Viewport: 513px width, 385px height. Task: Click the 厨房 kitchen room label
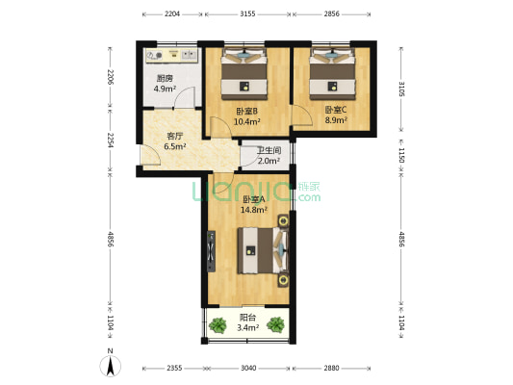pyautogui.click(x=165, y=79)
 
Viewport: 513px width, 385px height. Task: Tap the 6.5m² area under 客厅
pyautogui.click(x=175, y=146)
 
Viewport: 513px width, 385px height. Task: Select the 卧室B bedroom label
pyautogui.click(x=246, y=112)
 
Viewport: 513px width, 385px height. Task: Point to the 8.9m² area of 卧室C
pyautogui.click(x=336, y=120)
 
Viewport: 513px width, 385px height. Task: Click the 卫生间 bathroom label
pyautogui.click(x=269, y=150)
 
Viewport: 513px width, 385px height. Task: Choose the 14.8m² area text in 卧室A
pyautogui.click(x=254, y=210)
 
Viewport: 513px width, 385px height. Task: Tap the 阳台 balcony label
pyautogui.click(x=247, y=318)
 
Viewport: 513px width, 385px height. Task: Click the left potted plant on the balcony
pyautogui.click(x=218, y=325)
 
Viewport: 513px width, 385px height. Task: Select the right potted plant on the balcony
pyautogui.click(x=275, y=324)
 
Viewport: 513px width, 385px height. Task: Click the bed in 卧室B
pyautogui.click(x=244, y=74)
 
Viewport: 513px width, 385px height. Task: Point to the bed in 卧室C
pyautogui.click(x=333, y=74)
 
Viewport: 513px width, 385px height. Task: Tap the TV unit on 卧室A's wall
pyautogui.click(x=211, y=251)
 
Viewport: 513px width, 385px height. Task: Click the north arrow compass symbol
pyautogui.click(x=111, y=366)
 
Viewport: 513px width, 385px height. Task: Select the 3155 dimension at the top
pyautogui.click(x=247, y=14)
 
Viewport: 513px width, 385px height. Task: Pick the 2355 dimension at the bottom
pyautogui.click(x=174, y=369)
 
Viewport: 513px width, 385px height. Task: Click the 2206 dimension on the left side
pyautogui.click(x=111, y=77)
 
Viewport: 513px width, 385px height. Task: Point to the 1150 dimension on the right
pyautogui.click(x=401, y=155)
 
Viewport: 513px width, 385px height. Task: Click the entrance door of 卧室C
pyautogui.click(x=302, y=115)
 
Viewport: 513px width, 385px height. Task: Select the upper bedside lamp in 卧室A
pyautogui.click(x=283, y=221)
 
